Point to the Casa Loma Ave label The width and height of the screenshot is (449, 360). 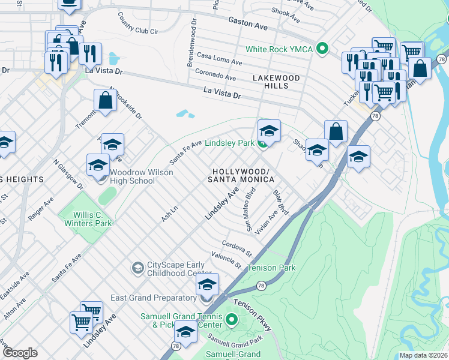[219, 59]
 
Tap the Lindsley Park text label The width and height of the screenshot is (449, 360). [230, 143]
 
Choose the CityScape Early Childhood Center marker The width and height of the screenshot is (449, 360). [138, 268]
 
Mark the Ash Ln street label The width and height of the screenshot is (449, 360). [170, 214]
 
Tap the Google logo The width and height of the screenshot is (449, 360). [19, 353]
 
